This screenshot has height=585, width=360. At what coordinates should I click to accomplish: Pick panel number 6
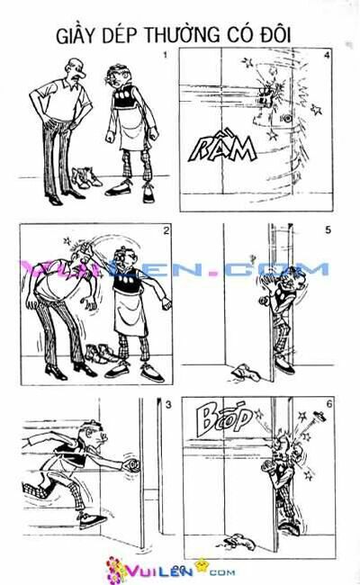[328, 404]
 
